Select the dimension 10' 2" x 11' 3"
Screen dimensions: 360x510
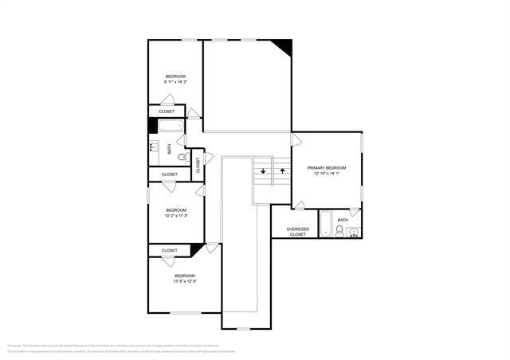[x=175, y=215]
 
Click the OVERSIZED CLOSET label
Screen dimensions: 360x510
[x=297, y=232]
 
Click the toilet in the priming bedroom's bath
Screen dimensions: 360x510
[x=340, y=232]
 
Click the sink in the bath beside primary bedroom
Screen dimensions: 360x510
[x=355, y=232]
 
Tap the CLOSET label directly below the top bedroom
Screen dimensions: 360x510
[x=167, y=112]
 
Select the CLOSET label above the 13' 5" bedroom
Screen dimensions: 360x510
[x=170, y=250]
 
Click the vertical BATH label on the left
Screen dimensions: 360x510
[x=169, y=149]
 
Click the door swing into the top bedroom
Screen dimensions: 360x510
[x=167, y=100]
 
